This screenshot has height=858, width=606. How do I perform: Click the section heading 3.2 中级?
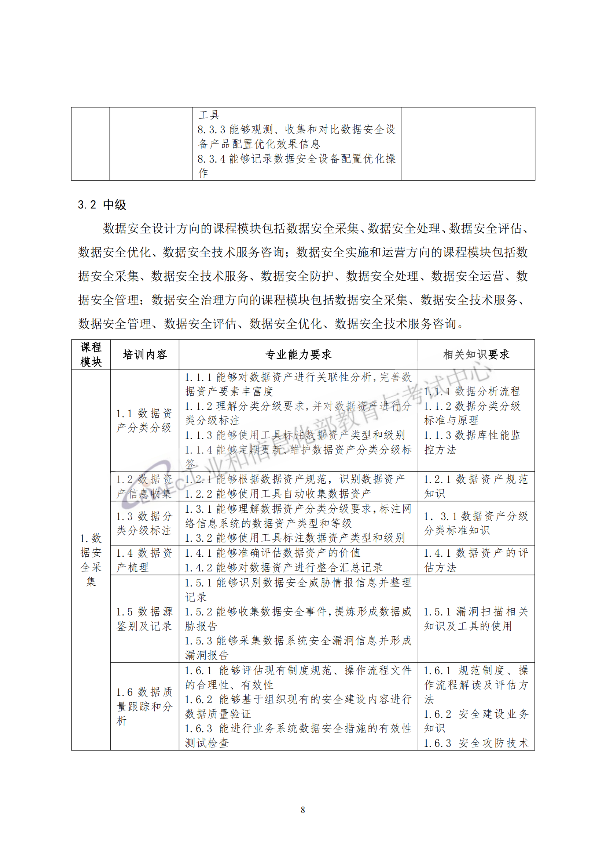click(102, 204)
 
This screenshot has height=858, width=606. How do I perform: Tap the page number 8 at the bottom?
click(302, 810)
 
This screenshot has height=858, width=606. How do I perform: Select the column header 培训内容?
click(144, 354)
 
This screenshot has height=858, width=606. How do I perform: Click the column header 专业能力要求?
click(298, 354)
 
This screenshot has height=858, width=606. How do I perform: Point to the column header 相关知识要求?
click(476, 354)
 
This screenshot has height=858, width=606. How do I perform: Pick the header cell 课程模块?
click(91, 354)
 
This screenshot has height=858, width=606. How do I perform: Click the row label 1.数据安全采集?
click(91, 559)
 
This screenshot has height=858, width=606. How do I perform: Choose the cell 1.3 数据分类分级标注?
click(144, 523)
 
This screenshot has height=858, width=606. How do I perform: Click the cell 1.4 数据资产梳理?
click(144, 559)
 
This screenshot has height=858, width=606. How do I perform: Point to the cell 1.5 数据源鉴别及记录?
click(144, 618)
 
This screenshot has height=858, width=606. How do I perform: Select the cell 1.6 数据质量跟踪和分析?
click(144, 706)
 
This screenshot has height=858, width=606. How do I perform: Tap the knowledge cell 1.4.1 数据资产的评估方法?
click(476, 559)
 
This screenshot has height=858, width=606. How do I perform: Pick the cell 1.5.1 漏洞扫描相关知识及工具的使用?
click(476, 618)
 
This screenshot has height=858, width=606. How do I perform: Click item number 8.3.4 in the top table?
click(211, 159)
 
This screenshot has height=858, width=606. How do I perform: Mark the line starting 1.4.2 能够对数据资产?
click(284, 567)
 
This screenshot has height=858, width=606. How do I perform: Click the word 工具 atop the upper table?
click(209, 115)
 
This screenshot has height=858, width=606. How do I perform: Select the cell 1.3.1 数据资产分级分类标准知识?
click(476, 523)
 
